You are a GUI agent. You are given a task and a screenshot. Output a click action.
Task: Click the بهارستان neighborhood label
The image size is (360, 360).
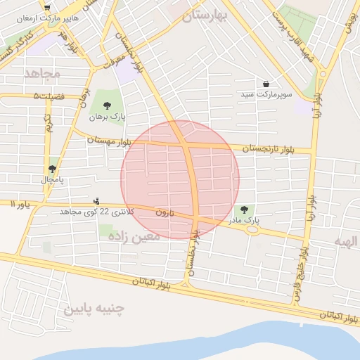point(207,18)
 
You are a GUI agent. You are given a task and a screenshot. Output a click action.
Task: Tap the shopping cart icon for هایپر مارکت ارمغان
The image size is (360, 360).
point(47,7)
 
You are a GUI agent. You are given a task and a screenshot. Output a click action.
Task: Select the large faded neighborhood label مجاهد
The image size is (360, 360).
point(42,73)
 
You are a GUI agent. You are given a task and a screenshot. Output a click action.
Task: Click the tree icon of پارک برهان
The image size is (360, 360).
point(107,105)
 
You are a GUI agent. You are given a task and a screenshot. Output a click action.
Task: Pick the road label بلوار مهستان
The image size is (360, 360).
point(110,141)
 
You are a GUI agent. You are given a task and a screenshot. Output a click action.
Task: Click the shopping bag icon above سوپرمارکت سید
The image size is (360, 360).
point(266,83)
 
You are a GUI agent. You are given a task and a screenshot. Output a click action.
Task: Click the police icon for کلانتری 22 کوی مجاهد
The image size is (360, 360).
point(96,201)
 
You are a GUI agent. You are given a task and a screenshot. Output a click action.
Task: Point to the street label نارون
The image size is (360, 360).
point(163,212)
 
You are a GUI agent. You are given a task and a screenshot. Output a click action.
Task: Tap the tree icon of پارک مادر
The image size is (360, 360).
point(244,210)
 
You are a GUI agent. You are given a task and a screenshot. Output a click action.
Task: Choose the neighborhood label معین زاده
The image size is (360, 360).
point(134,237)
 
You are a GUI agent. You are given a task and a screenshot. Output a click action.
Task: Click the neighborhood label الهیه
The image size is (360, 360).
point(347,241)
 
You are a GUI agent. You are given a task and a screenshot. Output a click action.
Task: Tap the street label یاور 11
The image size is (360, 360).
point(21,203)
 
